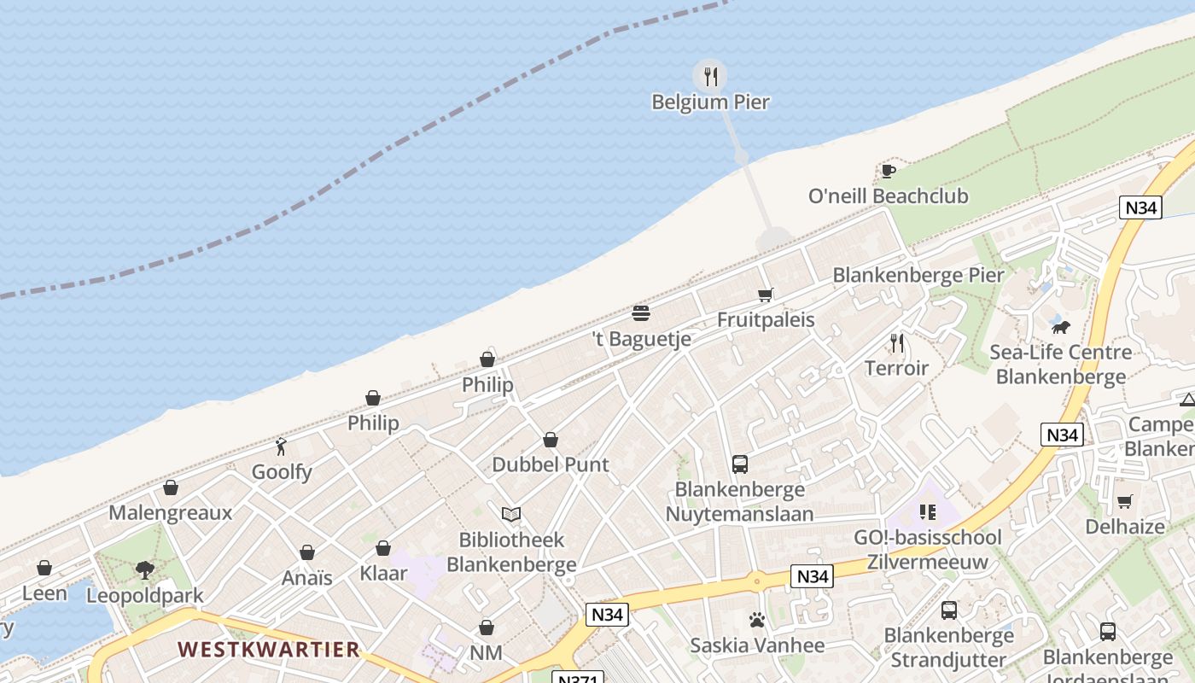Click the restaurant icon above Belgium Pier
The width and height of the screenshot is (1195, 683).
coord(710,77)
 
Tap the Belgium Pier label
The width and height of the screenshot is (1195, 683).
coord(710,102)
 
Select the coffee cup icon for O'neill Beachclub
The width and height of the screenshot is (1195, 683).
coord(888,171)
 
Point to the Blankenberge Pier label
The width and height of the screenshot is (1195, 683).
coord(918,275)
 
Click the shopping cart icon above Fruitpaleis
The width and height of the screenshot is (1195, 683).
coord(766,295)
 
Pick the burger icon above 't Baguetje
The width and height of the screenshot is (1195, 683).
coord(641,313)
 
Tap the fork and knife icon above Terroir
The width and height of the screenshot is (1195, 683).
coord(896,343)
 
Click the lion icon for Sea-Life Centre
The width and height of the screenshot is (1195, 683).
coord(1060,327)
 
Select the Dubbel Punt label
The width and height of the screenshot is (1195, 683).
coord(551,464)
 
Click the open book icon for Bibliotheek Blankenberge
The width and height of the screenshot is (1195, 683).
coord(511,514)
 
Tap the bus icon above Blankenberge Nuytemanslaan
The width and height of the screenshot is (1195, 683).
coord(739,464)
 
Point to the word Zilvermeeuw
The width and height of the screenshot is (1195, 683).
coord(927,562)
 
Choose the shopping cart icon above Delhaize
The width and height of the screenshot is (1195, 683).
coord(1124,501)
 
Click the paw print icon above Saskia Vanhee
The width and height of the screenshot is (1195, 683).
coord(756,620)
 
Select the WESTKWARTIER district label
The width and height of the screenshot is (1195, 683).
coord(269,649)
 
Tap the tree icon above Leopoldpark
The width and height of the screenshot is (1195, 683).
coord(145,569)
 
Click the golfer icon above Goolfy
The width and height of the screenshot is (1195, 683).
coord(281,446)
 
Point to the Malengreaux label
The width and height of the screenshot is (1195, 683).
coord(170,512)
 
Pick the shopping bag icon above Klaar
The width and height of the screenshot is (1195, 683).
coord(383,548)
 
